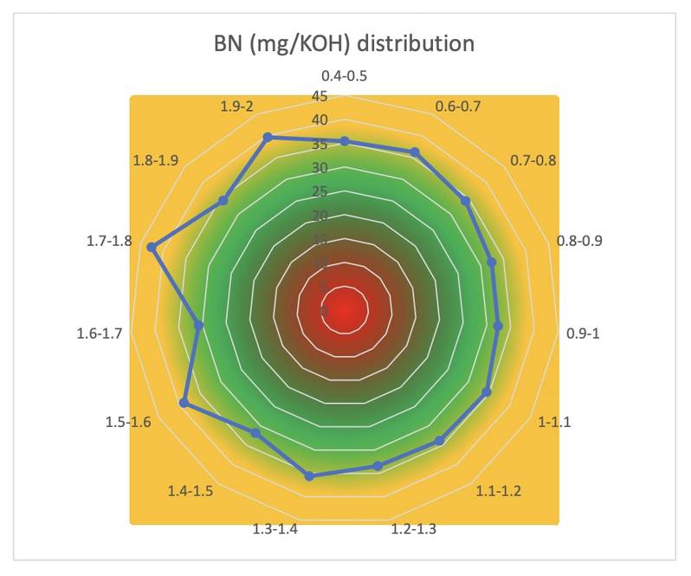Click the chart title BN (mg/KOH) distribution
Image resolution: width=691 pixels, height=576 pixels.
click(345, 43)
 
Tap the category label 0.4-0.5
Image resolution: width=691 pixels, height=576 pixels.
click(345, 76)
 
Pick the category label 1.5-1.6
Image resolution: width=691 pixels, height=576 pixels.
click(128, 423)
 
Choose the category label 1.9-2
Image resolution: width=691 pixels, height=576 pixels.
click(236, 107)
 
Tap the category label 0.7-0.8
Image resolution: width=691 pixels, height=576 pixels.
click(533, 160)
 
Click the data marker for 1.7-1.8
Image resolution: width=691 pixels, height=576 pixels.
click(152, 248)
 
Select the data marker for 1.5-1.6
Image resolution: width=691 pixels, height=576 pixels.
click(184, 403)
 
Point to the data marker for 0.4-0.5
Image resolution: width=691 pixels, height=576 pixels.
click(345, 140)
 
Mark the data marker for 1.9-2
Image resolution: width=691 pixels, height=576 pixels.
click(268, 137)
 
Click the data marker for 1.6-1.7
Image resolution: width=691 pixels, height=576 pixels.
click(199, 326)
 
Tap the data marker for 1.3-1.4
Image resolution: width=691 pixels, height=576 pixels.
click(310, 475)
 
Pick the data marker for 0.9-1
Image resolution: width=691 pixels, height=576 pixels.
click(498, 326)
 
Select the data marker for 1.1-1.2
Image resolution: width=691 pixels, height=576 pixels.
click(440, 440)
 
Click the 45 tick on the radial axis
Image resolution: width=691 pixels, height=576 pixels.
click(320, 96)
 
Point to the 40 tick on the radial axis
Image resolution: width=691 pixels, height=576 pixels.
click(320, 120)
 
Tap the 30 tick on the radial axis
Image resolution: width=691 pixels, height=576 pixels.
click(320, 168)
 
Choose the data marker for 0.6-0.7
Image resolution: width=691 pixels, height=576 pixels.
click(415, 152)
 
